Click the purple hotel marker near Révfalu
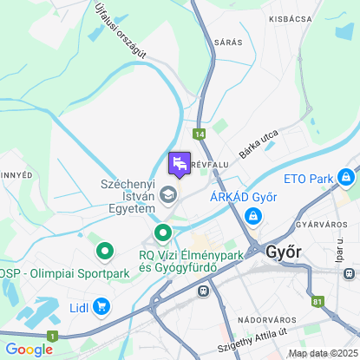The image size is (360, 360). point(179,163)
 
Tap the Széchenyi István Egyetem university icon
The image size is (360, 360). point(170,193)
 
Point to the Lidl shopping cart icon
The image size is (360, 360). point(102,305)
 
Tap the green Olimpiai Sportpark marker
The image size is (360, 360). point(106,252)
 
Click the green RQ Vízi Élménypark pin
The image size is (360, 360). point(163,232)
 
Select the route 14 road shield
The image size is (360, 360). point(200,134)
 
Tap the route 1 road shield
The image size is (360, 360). point(53,335)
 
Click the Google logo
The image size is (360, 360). point(29,349)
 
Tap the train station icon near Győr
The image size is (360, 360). point(203,291)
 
